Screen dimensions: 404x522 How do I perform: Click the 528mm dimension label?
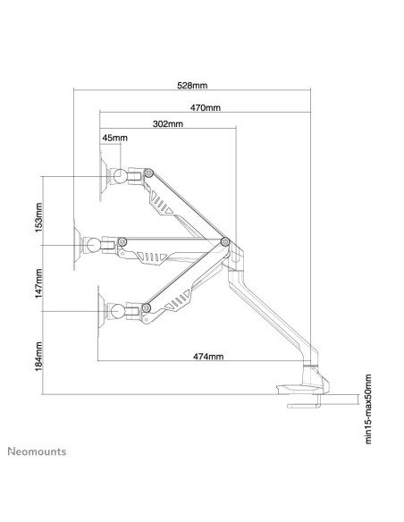click(192, 86)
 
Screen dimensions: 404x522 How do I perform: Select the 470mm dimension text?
click(206, 107)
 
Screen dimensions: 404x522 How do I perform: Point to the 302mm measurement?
click(168, 124)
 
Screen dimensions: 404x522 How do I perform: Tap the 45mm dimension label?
click(114, 138)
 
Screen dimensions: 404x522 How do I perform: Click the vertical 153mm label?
click(39, 217)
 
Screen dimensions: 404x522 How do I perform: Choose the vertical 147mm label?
click(39, 283)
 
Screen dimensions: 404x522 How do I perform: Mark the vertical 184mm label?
click(39, 357)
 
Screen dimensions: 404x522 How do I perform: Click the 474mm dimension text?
click(208, 357)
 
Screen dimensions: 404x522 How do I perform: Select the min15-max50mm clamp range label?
click(367, 408)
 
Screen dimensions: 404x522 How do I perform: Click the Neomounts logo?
click(37, 451)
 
